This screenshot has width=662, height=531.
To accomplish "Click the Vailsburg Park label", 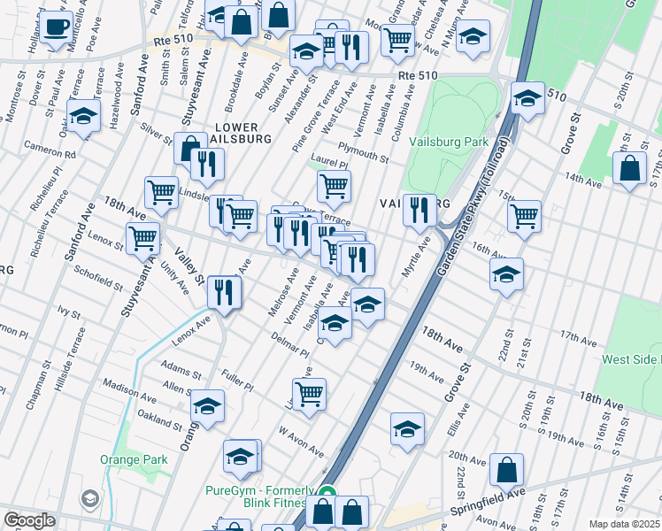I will (449, 142).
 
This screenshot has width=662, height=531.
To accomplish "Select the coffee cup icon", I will (57, 27).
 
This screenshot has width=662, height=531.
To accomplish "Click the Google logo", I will (29, 520).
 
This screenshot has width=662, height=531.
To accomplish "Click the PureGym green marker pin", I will (327, 496).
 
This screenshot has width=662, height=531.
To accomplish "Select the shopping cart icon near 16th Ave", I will (524, 214).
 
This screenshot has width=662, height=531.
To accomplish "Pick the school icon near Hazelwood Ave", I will (84, 116).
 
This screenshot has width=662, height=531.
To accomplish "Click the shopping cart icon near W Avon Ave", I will (309, 393).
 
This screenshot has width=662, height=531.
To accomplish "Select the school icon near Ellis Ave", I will (407, 429).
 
